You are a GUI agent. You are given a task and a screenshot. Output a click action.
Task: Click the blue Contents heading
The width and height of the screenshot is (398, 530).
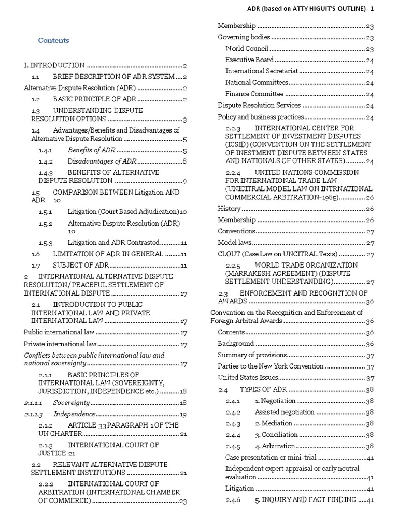53,40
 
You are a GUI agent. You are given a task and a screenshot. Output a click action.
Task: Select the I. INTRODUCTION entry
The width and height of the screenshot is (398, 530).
54,65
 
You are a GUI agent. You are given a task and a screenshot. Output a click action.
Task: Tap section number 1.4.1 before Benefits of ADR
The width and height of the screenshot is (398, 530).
46,150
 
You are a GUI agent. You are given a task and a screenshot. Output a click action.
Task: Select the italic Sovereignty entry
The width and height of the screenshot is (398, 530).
72,402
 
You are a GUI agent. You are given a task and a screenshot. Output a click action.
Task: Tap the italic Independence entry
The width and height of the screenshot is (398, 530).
75,414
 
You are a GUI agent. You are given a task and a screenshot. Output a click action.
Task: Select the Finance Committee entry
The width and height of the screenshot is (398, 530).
254,94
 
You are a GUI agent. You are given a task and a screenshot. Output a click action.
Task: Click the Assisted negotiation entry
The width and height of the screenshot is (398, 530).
285,412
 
